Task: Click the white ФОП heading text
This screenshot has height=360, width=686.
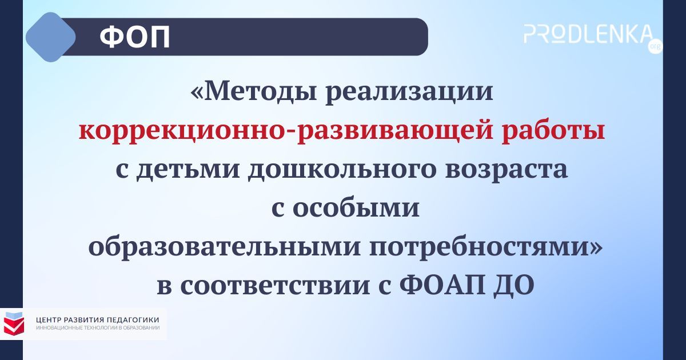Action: [134, 38]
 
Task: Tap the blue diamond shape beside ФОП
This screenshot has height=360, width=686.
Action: [51, 37]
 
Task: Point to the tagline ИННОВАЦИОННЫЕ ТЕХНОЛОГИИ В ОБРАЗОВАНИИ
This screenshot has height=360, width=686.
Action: [97, 328]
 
